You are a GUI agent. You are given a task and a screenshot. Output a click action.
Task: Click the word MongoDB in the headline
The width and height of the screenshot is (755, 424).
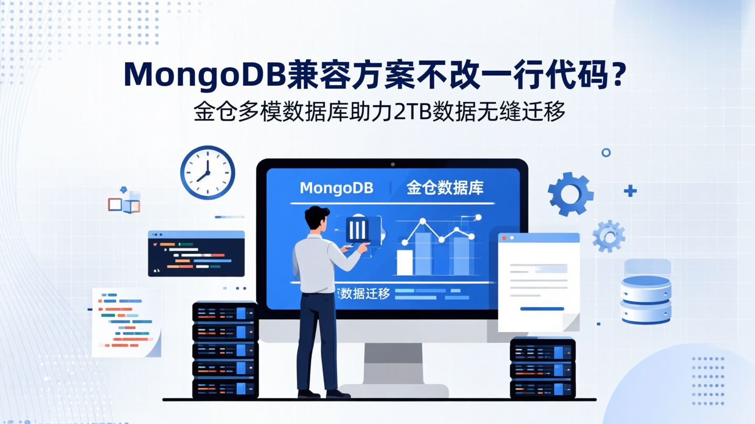click(x=204, y=75)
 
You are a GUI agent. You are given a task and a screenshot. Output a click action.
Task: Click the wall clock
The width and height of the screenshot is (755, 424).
click(x=208, y=172)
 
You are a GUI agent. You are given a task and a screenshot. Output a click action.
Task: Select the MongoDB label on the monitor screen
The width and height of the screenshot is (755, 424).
click(x=336, y=188)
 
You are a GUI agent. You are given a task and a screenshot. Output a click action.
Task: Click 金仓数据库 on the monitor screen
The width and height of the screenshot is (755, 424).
click(x=445, y=188)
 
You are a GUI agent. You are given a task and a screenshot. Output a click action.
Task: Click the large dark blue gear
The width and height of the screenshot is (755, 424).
click(x=570, y=194)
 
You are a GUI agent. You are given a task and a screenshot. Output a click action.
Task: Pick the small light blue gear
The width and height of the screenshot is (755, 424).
click(x=609, y=236)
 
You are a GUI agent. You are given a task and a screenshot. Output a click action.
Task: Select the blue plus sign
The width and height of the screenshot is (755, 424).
click(x=630, y=191)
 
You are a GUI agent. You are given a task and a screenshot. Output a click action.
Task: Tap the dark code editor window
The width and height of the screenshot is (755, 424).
click(x=196, y=254)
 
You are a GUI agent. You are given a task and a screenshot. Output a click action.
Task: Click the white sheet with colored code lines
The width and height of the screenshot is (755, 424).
click(x=126, y=322)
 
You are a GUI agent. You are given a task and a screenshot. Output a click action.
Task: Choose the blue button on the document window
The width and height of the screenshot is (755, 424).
click(x=542, y=309)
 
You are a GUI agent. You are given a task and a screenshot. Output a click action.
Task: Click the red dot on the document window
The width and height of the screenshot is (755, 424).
click(x=504, y=238)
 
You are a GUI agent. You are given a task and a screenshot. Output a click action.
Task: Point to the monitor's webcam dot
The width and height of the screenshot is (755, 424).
click(x=392, y=164)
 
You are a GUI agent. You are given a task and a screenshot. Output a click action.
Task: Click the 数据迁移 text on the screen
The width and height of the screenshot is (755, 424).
click(x=364, y=294)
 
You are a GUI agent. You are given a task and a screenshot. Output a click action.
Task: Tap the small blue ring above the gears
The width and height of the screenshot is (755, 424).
click(x=606, y=152)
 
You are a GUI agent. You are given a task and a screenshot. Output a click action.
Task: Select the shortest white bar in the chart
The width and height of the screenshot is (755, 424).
click(x=405, y=262)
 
